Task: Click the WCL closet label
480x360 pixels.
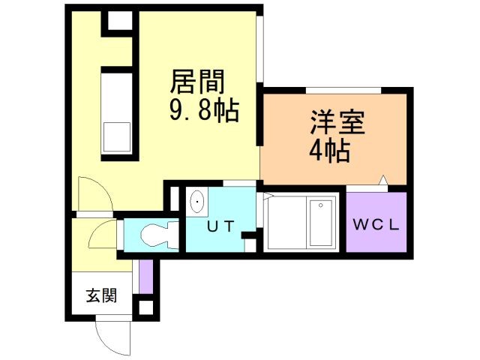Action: [376, 223]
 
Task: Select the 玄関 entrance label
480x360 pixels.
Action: [100, 295]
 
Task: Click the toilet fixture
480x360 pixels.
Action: [154, 235]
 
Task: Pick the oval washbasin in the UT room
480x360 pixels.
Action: [198, 202]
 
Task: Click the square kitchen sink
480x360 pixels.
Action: [118, 137]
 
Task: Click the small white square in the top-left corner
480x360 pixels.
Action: [118, 20]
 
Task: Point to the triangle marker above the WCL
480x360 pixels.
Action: [384, 180]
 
